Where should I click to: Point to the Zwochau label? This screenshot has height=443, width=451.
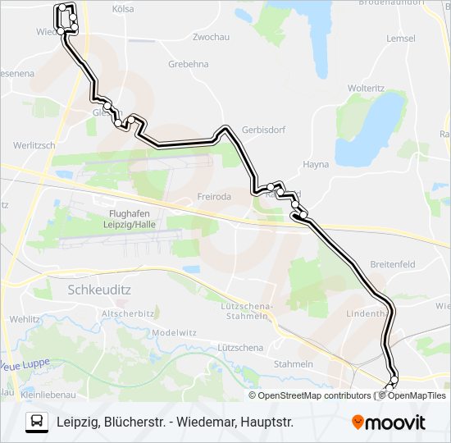[209, 38]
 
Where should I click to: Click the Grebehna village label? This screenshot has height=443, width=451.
[188, 63]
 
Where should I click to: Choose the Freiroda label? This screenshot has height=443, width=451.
[215, 197]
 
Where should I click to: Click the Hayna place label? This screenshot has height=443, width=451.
[316, 164]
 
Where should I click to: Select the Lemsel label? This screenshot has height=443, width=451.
[401, 39]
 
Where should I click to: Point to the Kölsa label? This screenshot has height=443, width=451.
[122, 8]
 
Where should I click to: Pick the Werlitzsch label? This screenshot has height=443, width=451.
[34, 145]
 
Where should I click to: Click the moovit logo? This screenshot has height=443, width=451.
[389, 422]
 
